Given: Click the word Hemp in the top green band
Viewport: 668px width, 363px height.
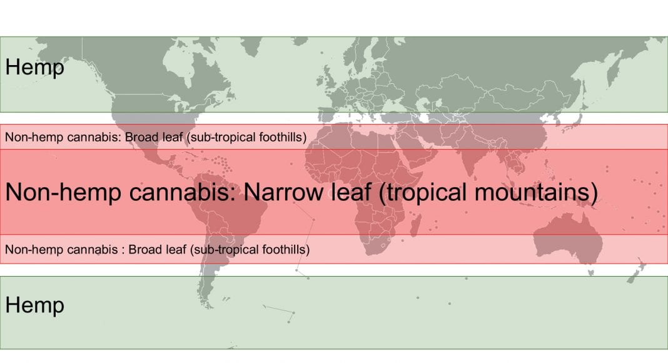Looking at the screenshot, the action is tap(34, 68).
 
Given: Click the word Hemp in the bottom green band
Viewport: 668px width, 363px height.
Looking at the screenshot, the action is tap(34, 305).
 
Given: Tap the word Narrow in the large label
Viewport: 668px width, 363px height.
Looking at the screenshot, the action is tap(283, 192).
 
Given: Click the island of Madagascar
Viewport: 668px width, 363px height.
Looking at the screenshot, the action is tap(416, 225).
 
